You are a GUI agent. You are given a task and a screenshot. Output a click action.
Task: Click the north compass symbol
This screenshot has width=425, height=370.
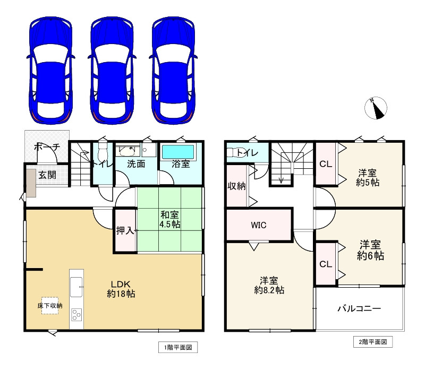[376, 108]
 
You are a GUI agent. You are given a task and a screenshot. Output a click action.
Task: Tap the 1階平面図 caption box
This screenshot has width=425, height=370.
[178, 347]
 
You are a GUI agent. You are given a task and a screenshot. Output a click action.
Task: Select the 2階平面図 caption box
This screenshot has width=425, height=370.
[373, 342]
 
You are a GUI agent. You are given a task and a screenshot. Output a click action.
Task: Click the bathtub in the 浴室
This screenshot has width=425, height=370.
[178, 152]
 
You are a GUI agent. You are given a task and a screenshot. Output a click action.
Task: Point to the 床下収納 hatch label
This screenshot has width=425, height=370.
[50, 306]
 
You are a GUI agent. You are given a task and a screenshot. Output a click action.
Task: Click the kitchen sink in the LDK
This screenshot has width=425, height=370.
[76, 287]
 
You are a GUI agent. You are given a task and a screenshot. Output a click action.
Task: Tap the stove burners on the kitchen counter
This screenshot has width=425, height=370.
[76, 315]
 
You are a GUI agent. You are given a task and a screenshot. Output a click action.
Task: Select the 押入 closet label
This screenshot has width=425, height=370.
[125, 230]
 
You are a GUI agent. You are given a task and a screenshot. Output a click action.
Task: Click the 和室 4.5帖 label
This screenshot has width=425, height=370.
[169, 219]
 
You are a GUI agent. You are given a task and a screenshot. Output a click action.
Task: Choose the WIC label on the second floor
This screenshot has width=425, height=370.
[259, 225]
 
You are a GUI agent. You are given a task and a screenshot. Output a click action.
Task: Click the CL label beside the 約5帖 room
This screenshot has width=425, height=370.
[326, 164]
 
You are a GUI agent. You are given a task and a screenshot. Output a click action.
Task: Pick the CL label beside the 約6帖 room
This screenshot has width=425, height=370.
[326, 264]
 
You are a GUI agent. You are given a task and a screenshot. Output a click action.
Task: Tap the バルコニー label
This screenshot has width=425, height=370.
[359, 308]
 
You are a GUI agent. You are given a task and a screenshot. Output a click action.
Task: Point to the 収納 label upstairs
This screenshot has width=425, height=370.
[236, 186]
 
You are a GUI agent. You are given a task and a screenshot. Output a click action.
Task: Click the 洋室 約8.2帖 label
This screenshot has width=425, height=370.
[269, 285]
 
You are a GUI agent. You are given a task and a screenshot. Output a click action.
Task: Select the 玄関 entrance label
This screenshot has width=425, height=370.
[47, 175]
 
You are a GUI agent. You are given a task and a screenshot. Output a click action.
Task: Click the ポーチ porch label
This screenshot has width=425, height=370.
[47, 147]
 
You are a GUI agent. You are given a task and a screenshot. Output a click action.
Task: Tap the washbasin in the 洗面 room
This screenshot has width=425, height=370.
[128, 151]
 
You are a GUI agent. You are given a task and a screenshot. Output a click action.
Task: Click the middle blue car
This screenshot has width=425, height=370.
[112, 71]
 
